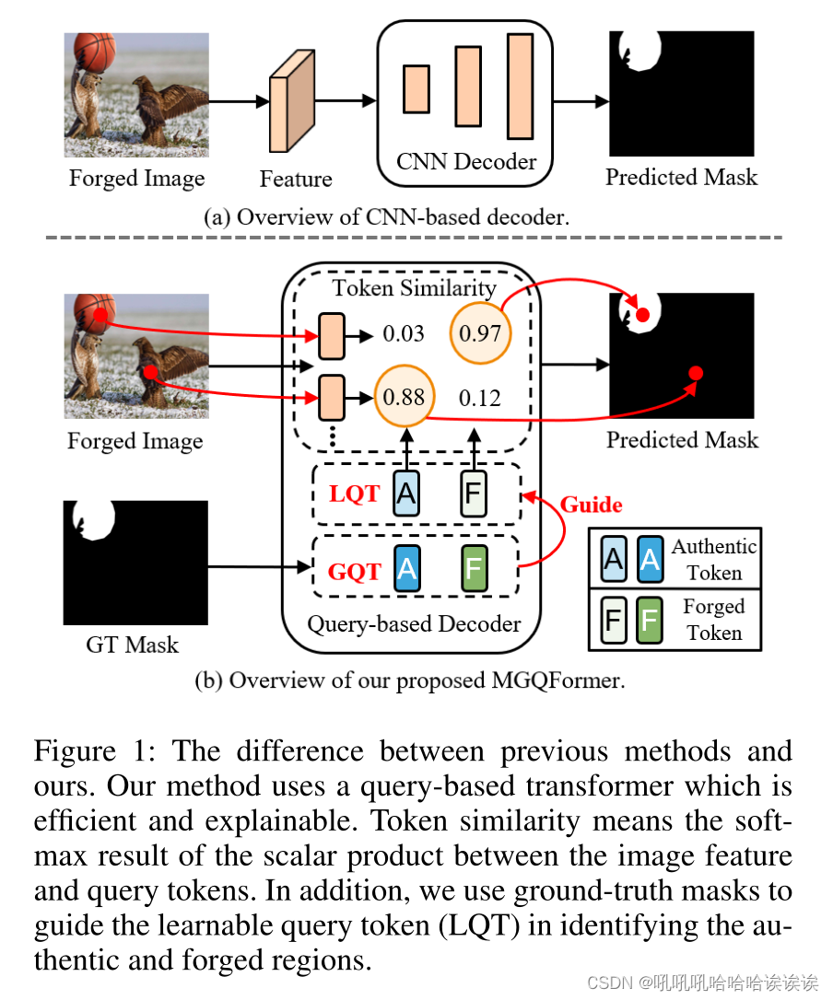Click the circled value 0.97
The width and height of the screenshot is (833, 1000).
479,331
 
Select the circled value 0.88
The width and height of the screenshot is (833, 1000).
404,398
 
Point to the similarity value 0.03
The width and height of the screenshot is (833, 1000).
404,332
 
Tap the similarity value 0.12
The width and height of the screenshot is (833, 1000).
480,398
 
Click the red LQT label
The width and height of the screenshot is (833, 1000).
354,494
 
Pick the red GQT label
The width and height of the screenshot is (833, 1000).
355,571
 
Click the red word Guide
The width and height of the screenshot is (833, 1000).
591,505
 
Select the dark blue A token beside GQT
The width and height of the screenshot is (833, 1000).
406,569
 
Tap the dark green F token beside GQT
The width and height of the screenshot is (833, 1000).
474,569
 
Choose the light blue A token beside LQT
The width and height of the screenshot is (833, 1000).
405,493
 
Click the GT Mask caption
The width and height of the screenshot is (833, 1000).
132,645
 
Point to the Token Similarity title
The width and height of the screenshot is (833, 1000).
414,288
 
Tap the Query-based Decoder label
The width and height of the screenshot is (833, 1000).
414,623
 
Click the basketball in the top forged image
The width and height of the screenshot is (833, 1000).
94,52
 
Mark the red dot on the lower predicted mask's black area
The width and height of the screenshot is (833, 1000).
696,373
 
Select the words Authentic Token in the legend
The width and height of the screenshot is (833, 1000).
713,559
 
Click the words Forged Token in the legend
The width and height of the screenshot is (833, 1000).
713,620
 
